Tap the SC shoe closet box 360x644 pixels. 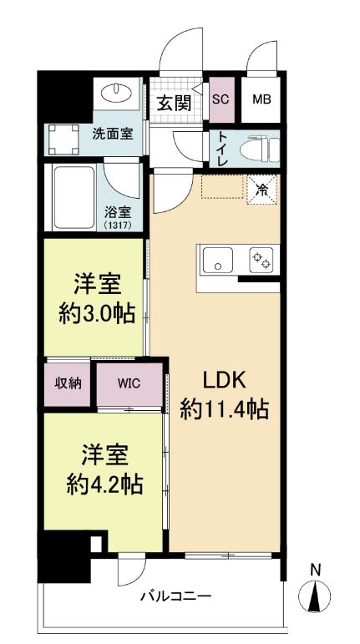221,98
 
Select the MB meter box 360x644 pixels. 261,98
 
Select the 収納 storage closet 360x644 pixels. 68,383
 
